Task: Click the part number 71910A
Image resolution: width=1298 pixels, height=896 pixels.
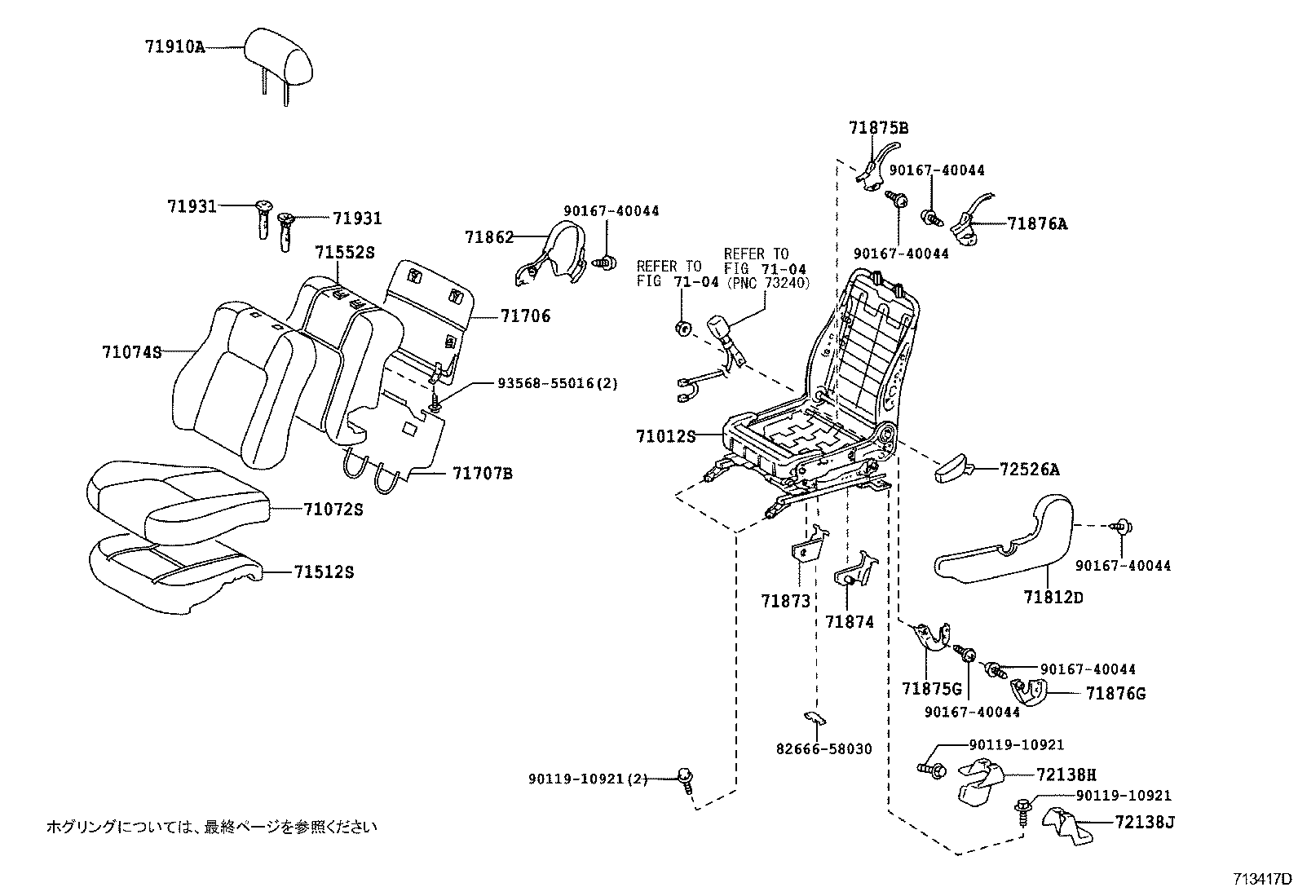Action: pyautogui.click(x=175, y=47)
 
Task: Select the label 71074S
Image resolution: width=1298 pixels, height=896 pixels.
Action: pyautogui.click(x=131, y=352)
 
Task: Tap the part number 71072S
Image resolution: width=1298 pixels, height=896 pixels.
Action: pyautogui.click(x=333, y=510)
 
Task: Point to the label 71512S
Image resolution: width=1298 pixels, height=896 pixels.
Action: pyautogui.click(x=324, y=572)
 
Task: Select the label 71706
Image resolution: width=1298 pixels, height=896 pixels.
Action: pyautogui.click(x=525, y=316)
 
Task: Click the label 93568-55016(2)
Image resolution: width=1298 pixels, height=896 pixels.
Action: pyautogui.click(x=558, y=382)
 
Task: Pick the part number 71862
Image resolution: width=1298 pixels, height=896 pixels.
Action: pyautogui.click(x=489, y=237)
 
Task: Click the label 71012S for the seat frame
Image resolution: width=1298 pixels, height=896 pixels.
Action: pyautogui.click(x=665, y=436)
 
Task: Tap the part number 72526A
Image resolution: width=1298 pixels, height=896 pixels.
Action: pyautogui.click(x=1030, y=469)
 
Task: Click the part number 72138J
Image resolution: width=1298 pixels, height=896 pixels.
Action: pyautogui.click(x=1146, y=822)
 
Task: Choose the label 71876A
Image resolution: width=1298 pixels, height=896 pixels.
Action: pyautogui.click(x=1036, y=223)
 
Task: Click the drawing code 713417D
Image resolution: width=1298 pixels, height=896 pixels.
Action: pyautogui.click(x=1261, y=879)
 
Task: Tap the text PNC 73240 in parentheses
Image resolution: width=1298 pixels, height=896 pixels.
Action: pyautogui.click(x=766, y=282)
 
